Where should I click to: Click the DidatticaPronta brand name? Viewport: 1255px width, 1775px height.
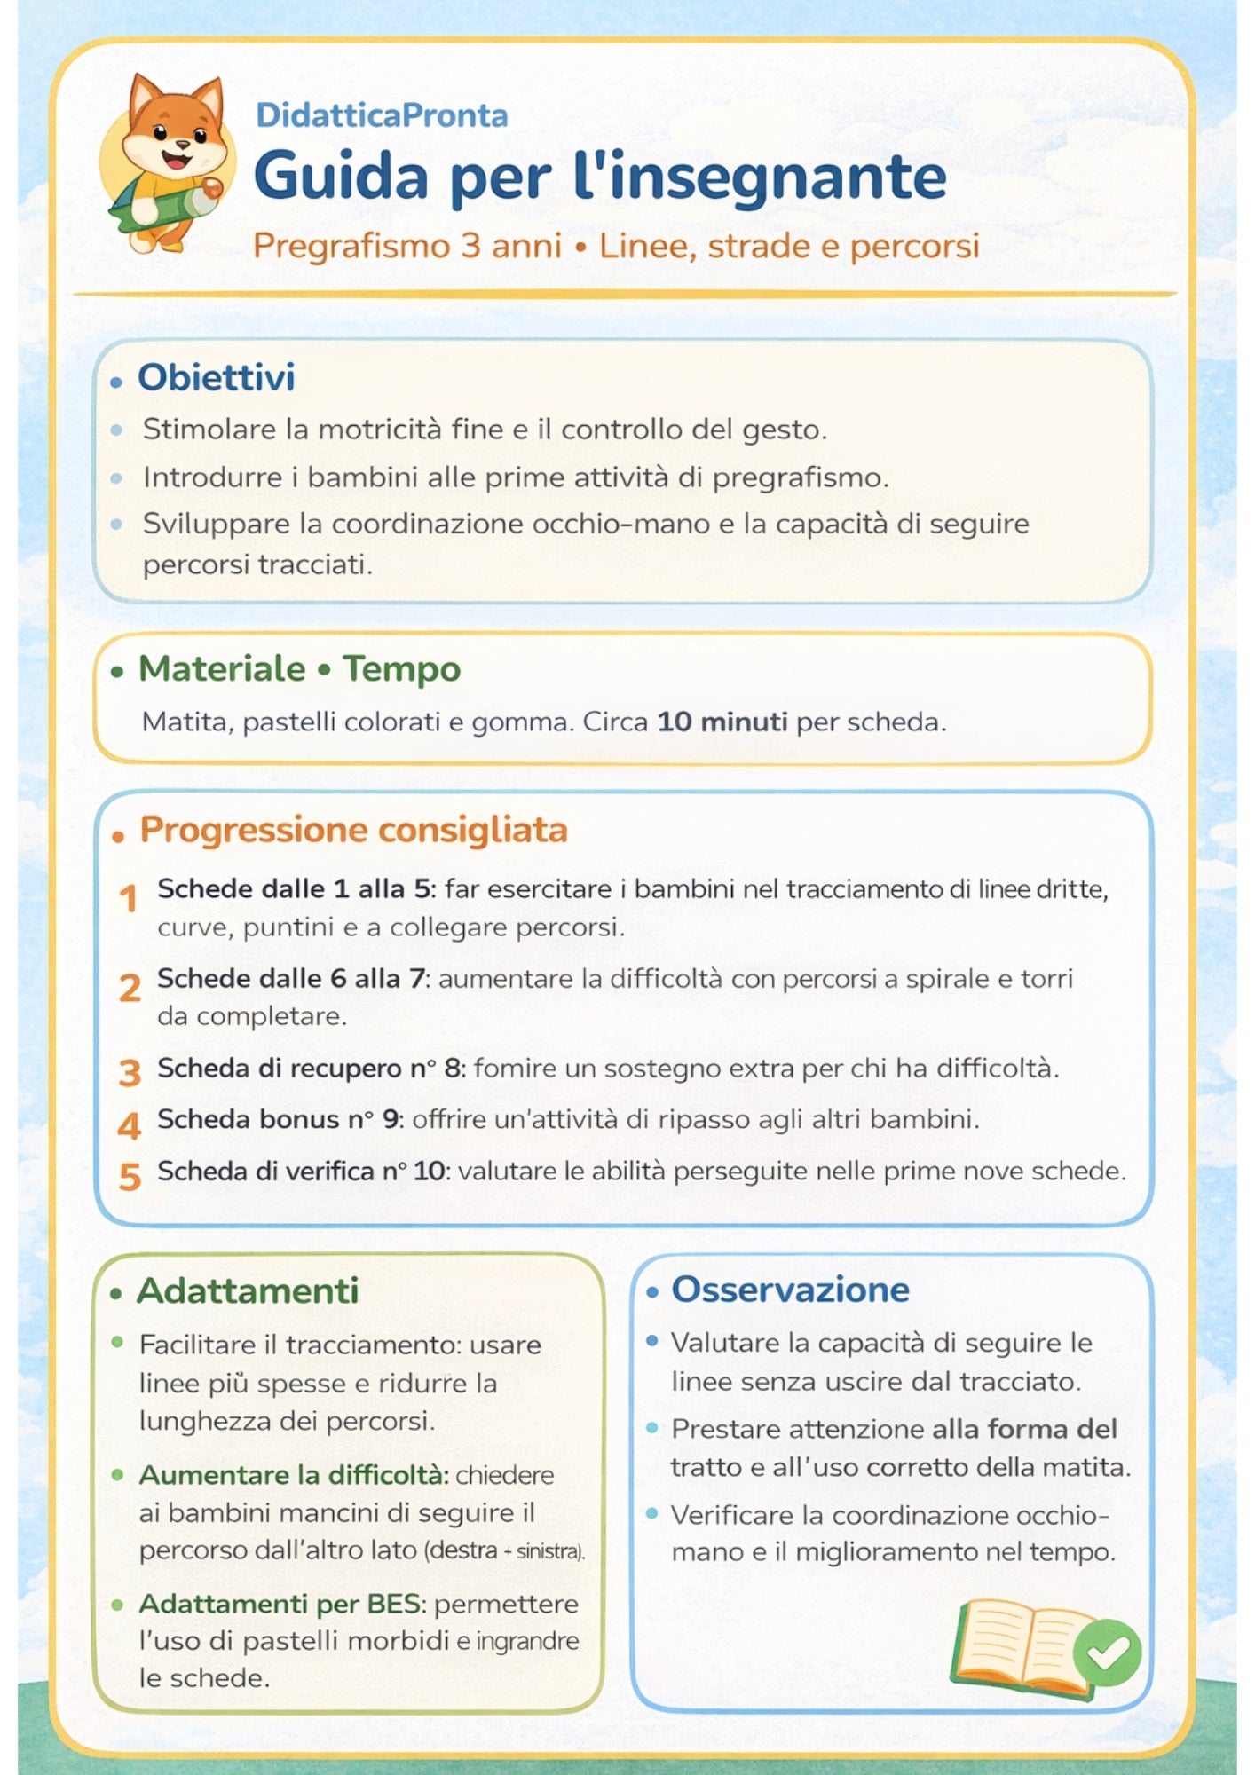(382, 115)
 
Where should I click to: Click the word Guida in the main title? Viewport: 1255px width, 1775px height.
(342, 177)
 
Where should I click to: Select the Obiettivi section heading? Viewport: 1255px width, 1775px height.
(216, 377)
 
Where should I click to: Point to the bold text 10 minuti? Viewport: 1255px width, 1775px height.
(722, 722)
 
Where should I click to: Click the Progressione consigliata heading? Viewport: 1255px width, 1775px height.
(353, 830)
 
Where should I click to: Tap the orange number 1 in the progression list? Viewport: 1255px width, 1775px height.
(130, 898)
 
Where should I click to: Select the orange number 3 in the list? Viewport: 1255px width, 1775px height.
(130, 1072)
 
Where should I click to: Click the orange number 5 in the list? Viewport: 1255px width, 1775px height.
(130, 1177)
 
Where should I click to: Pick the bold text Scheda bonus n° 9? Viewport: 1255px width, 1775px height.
(278, 1119)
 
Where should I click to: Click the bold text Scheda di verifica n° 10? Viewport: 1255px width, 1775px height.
(301, 1171)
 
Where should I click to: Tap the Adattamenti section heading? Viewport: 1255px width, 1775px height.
(248, 1290)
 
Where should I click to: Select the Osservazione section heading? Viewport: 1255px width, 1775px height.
(790, 1290)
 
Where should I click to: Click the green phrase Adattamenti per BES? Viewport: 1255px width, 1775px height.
(282, 1604)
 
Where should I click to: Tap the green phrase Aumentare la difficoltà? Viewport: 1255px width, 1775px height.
(293, 1475)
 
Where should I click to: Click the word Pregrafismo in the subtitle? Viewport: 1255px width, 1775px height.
(352, 246)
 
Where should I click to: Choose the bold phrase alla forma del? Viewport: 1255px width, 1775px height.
(1024, 1429)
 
